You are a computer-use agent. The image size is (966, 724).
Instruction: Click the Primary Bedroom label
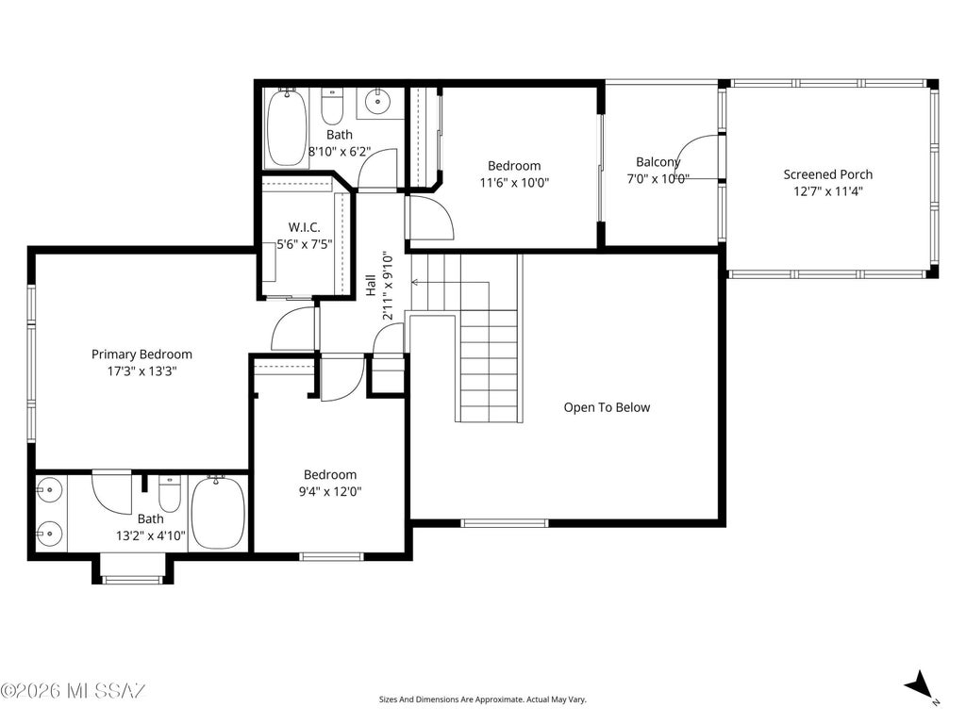142,354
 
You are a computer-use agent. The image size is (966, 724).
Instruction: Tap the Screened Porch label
827,174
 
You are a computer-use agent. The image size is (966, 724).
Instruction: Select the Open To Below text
607,407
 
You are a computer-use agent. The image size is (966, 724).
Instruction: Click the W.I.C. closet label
305,227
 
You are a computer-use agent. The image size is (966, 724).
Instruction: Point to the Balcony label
658,162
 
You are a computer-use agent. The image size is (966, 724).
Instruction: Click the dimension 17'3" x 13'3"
142,371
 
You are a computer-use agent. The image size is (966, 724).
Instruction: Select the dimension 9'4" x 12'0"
330,491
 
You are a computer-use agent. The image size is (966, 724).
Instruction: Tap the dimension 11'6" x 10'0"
514,182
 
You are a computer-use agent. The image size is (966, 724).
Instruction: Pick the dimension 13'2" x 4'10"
151,535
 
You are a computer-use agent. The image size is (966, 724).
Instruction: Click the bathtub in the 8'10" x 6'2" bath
287,128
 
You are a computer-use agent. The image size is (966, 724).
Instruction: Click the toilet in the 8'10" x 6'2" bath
333,106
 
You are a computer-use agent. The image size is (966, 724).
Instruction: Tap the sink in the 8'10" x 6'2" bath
375,100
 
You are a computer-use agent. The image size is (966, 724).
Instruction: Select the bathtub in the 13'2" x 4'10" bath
218,513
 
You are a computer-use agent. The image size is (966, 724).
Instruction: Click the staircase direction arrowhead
415,283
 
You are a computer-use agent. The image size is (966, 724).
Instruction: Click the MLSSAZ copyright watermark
74,690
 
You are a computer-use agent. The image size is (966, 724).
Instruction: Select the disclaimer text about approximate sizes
482,699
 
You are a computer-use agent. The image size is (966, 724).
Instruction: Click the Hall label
371,285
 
